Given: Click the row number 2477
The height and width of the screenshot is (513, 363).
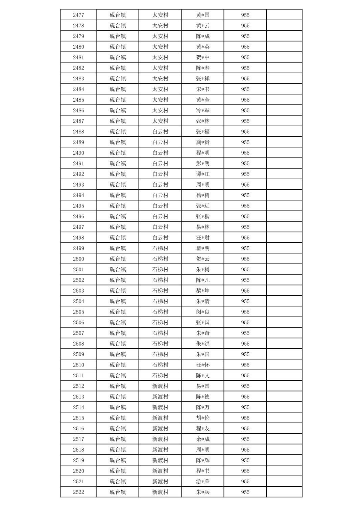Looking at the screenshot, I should pyautogui.click(x=78, y=15).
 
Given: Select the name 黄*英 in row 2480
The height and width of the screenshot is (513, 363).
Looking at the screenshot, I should pyautogui.click(x=203, y=47).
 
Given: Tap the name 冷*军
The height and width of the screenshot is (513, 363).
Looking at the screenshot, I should pyautogui.click(x=203, y=110).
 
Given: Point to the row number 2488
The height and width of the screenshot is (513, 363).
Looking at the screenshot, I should pyautogui.click(x=78, y=132).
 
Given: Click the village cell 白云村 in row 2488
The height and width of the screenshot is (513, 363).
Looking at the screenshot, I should pyautogui.click(x=160, y=132).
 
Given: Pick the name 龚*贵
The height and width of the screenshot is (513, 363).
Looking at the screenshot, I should pyautogui.click(x=203, y=142).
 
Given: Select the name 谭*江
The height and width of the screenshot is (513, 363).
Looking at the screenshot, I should pyautogui.click(x=203, y=174).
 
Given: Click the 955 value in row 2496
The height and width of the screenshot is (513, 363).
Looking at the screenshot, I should pyautogui.click(x=245, y=216).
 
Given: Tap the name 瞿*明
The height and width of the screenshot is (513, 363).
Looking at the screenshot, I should pyautogui.click(x=203, y=248).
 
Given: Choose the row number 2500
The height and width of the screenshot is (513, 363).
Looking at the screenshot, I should pyautogui.click(x=78, y=259).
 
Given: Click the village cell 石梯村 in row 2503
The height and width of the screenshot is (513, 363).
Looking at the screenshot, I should pyautogui.click(x=160, y=291).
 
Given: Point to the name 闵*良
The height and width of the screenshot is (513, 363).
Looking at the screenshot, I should pyautogui.click(x=203, y=312).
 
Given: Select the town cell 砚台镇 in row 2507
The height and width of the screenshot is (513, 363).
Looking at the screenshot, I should pyautogui.click(x=118, y=333).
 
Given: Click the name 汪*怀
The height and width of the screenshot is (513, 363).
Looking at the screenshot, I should pyautogui.click(x=203, y=365).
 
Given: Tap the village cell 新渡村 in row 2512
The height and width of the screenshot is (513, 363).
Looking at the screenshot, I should pyautogui.click(x=160, y=386).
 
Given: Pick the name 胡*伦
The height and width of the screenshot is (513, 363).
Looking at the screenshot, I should pyautogui.click(x=203, y=418).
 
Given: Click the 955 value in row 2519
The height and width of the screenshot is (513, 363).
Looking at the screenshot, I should pyautogui.click(x=245, y=460).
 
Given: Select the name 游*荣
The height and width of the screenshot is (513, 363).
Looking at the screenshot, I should pyautogui.click(x=203, y=482).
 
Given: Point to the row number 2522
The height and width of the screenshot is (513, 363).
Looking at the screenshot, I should pyautogui.click(x=78, y=492).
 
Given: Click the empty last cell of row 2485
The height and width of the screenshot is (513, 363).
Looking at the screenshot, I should pyautogui.click(x=284, y=100).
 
